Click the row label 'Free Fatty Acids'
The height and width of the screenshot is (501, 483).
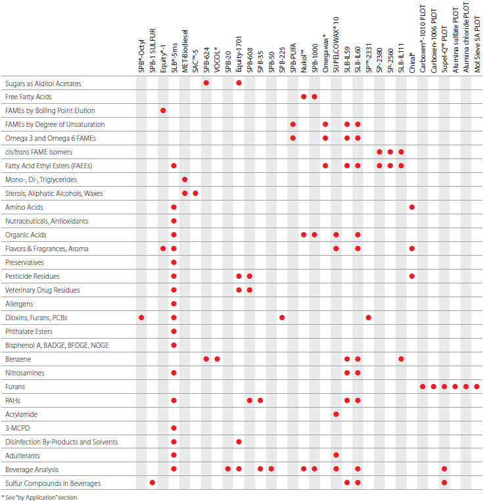(x=28, y=97)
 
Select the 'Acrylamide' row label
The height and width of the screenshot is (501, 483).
(x=22, y=414)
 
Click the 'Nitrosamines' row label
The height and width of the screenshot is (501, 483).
(x=24, y=373)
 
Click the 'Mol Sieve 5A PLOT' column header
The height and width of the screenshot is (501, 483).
(x=476, y=40)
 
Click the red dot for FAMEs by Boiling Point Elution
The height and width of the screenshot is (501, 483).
(x=163, y=110)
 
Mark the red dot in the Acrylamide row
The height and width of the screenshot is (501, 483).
(x=336, y=414)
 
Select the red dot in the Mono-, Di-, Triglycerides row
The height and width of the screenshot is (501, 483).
(x=185, y=179)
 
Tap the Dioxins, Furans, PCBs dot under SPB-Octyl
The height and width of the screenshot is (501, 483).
(x=141, y=318)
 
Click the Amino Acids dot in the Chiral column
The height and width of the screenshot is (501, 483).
(x=412, y=207)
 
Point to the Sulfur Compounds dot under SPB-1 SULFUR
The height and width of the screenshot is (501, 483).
(x=152, y=483)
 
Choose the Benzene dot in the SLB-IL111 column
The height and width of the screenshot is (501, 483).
(x=401, y=359)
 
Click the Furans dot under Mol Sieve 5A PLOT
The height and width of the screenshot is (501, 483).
(x=476, y=387)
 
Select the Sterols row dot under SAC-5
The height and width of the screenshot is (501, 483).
(x=196, y=193)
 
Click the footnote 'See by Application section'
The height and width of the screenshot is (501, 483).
(x=39, y=497)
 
